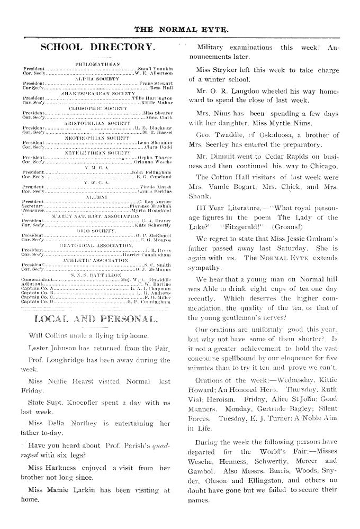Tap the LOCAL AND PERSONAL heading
tap(96, 319)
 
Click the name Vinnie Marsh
tap(157, 187)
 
